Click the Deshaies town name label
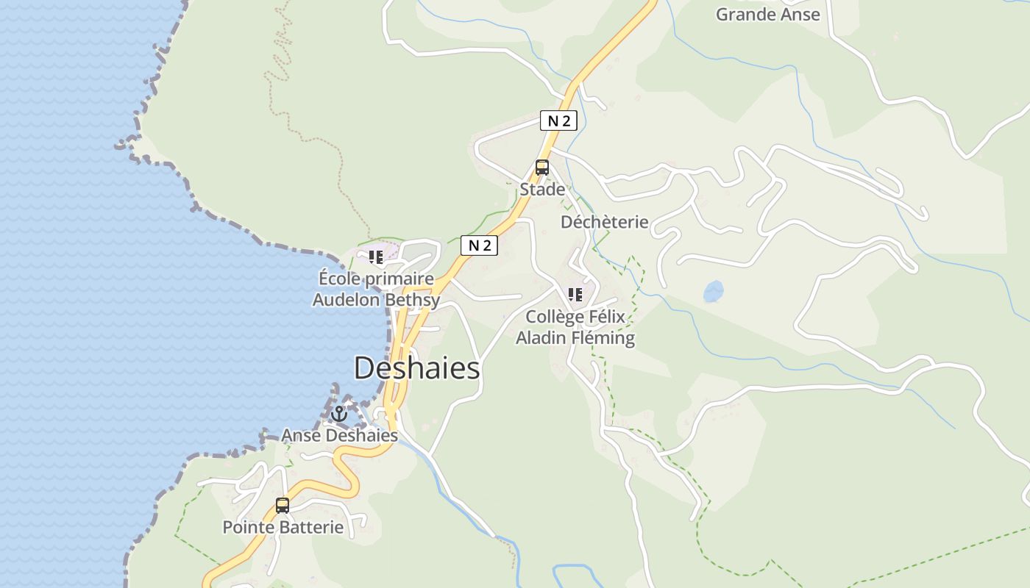(416, 368)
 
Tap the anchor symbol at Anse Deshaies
(338, 414)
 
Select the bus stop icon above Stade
(542, 168)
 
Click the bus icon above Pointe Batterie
(283, 506)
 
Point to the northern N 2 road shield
(558, 121)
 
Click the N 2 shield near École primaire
(479, 245)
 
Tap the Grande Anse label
(767, 14)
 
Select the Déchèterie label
(604, 222)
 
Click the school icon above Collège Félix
(575, 295)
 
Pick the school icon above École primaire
(376, 257)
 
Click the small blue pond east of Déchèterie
(713, 292)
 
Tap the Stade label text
(542, 190)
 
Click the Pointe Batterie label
(283, 527)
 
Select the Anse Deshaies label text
(339, 435)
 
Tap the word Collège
(553, 317)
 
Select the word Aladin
(539, 338)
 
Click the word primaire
(399, 279)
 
